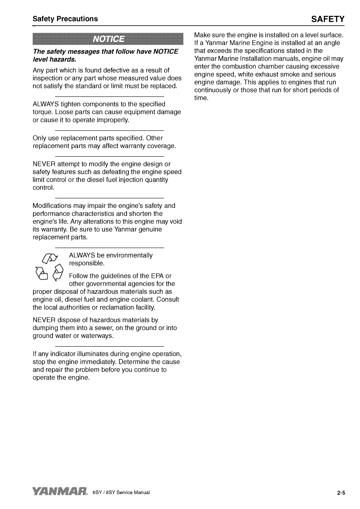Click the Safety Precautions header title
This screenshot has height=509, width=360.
click(65, 19)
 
